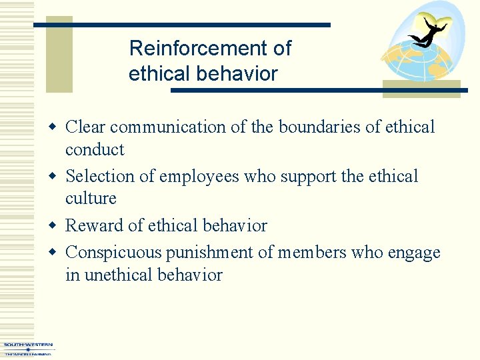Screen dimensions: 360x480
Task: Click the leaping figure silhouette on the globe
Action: coord(427,34)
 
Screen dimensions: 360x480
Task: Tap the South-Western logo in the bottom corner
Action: coord(27,349)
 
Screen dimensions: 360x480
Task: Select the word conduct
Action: coord(95,149)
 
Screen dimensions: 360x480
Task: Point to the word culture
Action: coord(91,199)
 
